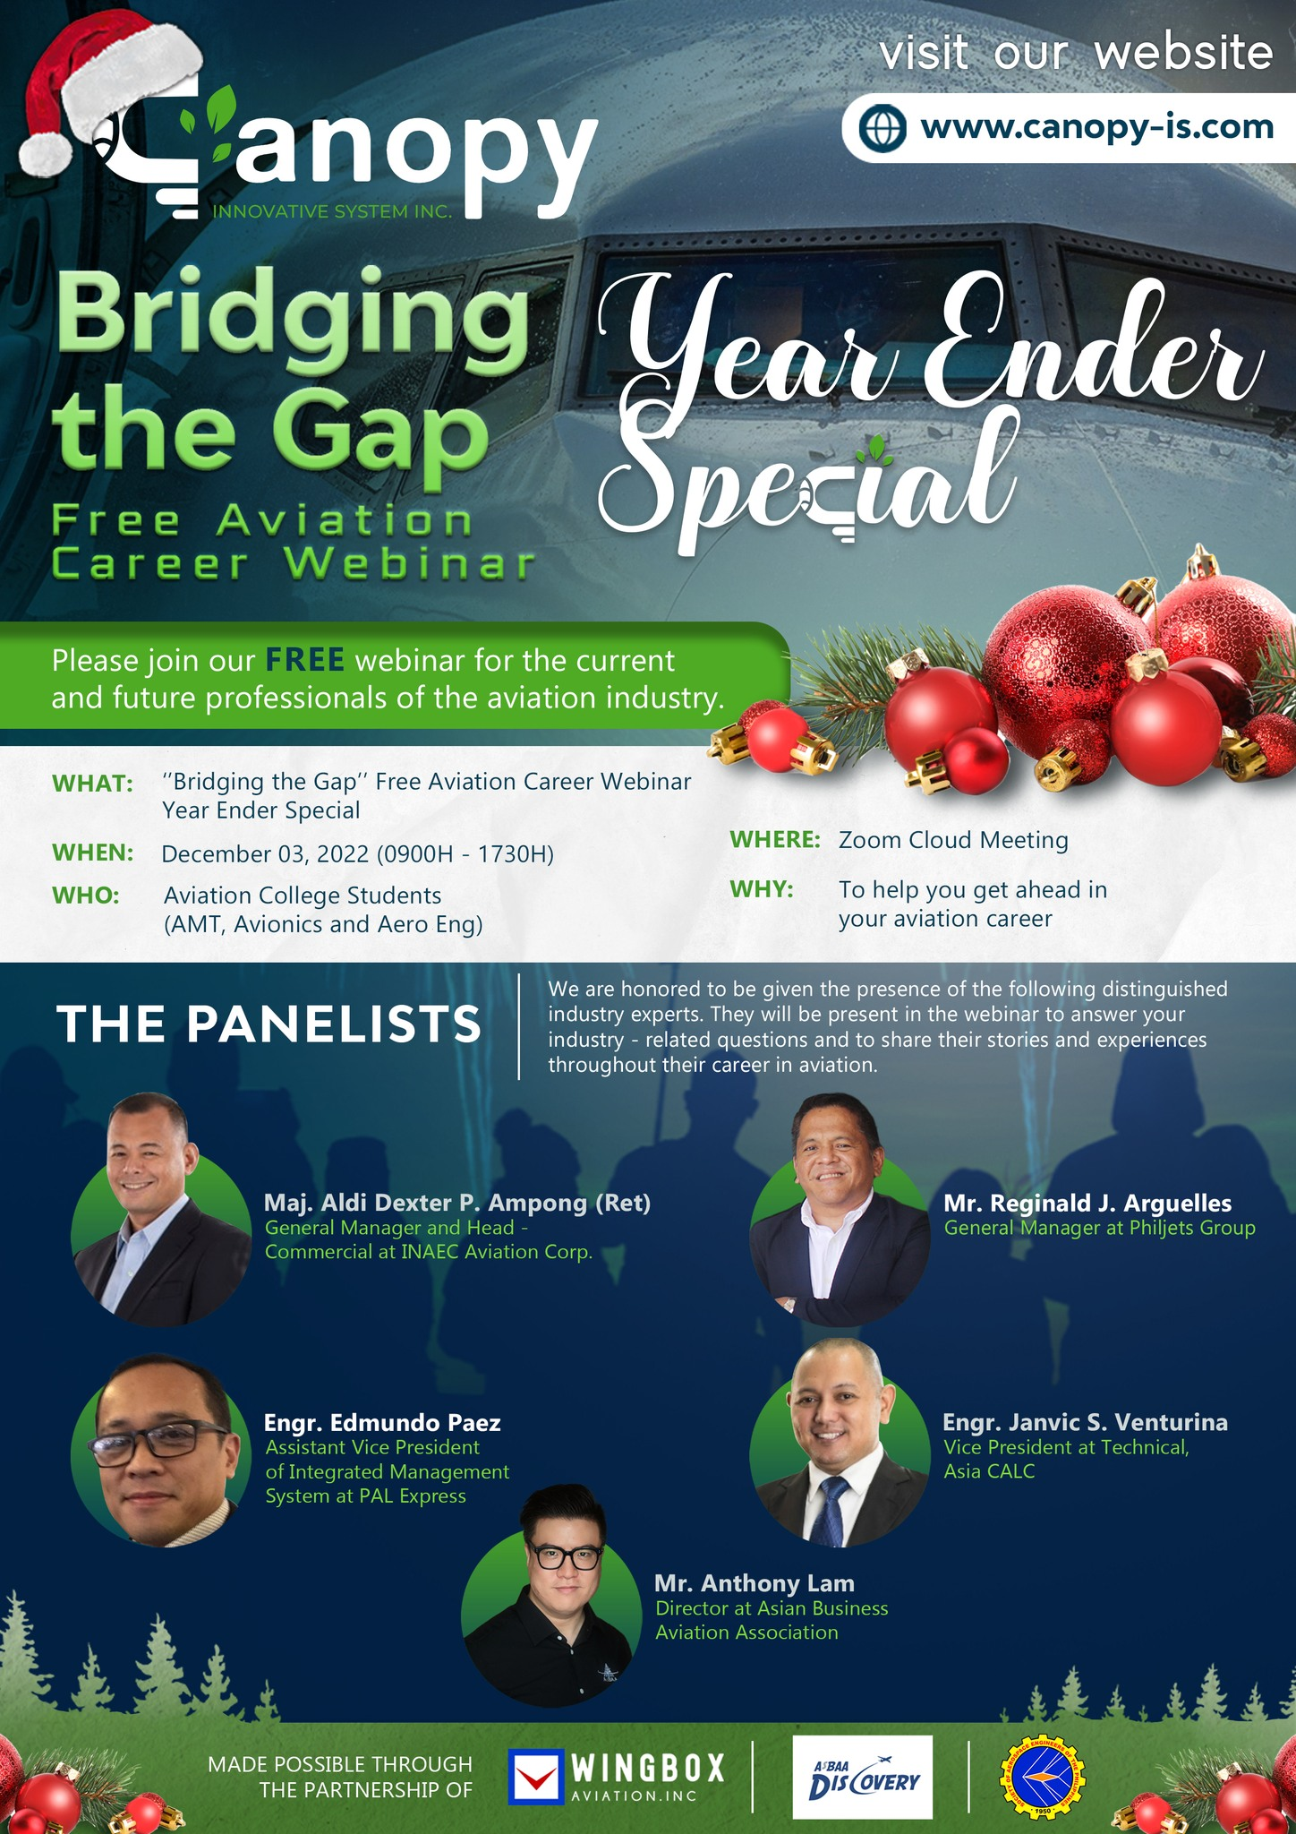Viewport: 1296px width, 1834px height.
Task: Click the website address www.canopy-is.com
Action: (1096, 127)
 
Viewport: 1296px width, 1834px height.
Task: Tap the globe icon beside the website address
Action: (882, 127)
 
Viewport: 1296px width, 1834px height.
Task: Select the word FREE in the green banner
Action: (304, 661)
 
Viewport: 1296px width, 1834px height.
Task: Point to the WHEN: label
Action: (93, 853)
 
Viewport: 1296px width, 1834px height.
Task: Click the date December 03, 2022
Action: (265, 854)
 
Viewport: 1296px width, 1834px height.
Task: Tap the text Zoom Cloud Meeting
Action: (953, 840)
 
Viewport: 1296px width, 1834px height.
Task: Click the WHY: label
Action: (762, 890)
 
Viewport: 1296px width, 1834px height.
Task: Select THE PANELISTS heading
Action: (269, 1024)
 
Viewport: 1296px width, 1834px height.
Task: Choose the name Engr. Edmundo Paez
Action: (382, 1422)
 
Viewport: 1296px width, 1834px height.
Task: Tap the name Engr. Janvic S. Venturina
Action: (1085, 1422)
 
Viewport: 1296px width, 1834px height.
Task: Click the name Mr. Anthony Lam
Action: (755, 1583)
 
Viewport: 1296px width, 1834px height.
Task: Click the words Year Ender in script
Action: (931, 345)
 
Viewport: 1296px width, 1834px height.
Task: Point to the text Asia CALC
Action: (989, 1471)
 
